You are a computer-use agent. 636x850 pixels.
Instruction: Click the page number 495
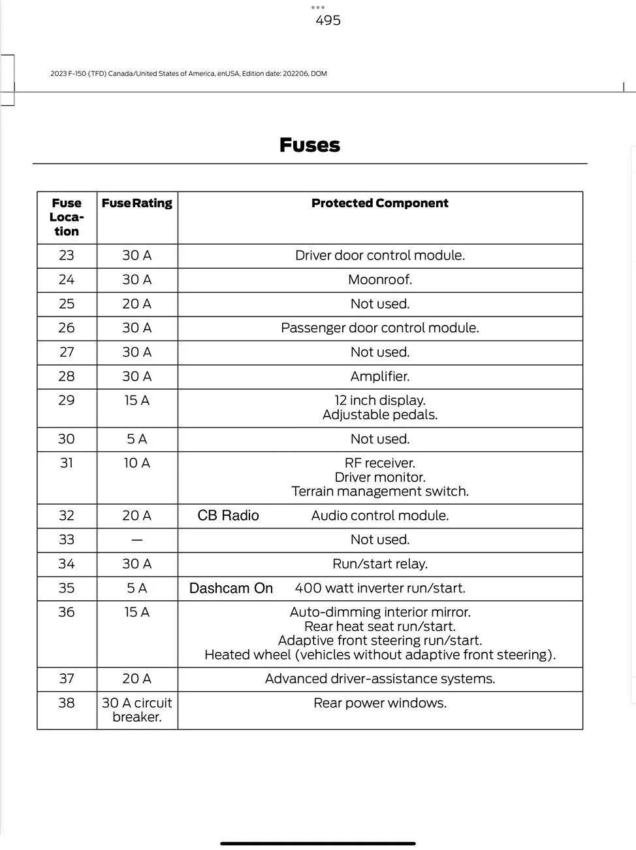coord(328,20)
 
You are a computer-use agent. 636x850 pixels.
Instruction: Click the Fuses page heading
coord(310,144)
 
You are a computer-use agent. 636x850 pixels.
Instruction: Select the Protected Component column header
coord(379,203)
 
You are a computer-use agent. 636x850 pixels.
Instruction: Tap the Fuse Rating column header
coord(136,203)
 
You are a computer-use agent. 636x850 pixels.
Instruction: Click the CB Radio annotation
coord(228,516)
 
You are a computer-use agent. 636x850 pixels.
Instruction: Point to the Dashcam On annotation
coord(231,588)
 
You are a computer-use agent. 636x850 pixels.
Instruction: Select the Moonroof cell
coord(379,280)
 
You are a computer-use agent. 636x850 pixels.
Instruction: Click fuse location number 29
coord(67,400)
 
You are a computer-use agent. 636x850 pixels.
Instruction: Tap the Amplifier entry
coord(379,377)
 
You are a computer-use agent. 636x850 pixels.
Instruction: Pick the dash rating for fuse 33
coord(136,540)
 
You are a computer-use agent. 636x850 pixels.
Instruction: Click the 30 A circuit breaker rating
coord(136,710)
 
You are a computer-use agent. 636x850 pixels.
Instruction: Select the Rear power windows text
coord(379,703)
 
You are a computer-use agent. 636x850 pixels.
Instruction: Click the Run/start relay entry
coord(379,564)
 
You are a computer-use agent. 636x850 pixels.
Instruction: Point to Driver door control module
coord(379,256)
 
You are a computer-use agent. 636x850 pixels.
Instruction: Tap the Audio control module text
coord(379,516)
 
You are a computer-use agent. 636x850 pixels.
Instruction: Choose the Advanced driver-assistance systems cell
coord(379,679)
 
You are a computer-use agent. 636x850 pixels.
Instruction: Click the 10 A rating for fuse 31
coord(136,463)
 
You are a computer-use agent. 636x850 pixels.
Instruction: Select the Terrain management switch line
coord(379,492)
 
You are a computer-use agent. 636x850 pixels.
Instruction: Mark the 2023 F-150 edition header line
coord(188,74)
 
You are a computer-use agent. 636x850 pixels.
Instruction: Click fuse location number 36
coord(67,612)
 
